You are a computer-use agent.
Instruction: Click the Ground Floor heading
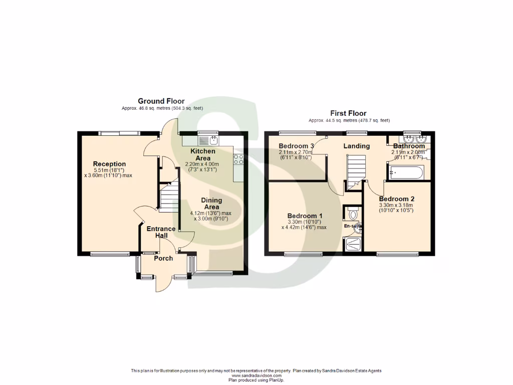pyautogui.click(x=161, y=101)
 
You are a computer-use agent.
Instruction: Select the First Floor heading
pyautogui.click(x=348, y=114)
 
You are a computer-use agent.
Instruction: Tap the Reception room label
pyautogui.click(x=109, y=164)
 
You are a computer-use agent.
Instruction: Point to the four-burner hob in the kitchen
pyautogui.click(x=238, y=159)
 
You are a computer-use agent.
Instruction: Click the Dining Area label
pyautogui.click(x=211, y=204)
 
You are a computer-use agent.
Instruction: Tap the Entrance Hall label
pyautogui.click(x=161, y=232)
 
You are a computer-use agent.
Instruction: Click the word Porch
pyautogui.click(x=163, y=258)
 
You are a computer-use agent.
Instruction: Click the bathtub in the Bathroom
pyautogui.click(x=406, y=172)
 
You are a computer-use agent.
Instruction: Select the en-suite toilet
pyautogui.click(x=353, y=214)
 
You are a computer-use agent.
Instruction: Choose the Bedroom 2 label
pyautogui.click(x=396, y=199)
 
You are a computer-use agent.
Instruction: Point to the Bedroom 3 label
pyautogui.click(x=296, y=146)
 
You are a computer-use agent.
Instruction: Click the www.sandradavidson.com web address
pyautogui.click(x=256, y=375)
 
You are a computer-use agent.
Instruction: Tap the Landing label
pyautogui.click(x=356, y=146)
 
